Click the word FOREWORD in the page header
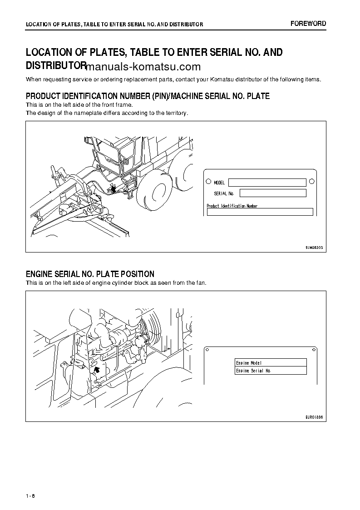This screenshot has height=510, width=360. point(308,24)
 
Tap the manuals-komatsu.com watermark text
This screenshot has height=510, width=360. point(143,67)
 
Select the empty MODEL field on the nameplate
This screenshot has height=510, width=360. point(267,183)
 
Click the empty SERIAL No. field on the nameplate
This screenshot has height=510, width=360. point(272,193)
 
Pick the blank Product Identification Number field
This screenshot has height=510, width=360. point(260,212)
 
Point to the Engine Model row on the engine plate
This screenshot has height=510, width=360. point(271,363)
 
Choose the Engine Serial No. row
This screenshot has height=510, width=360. point(271,371)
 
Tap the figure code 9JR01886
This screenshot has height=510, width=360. point(314,416)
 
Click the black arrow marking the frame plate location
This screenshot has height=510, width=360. point(112,189)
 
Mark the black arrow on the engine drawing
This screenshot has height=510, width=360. point(96,370)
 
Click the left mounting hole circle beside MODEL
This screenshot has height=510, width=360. point(208,182)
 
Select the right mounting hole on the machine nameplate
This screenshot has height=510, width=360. point(311,182)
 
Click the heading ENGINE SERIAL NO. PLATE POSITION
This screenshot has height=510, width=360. point(90,274)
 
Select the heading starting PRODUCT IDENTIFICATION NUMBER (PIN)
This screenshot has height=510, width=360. point(148,96)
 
